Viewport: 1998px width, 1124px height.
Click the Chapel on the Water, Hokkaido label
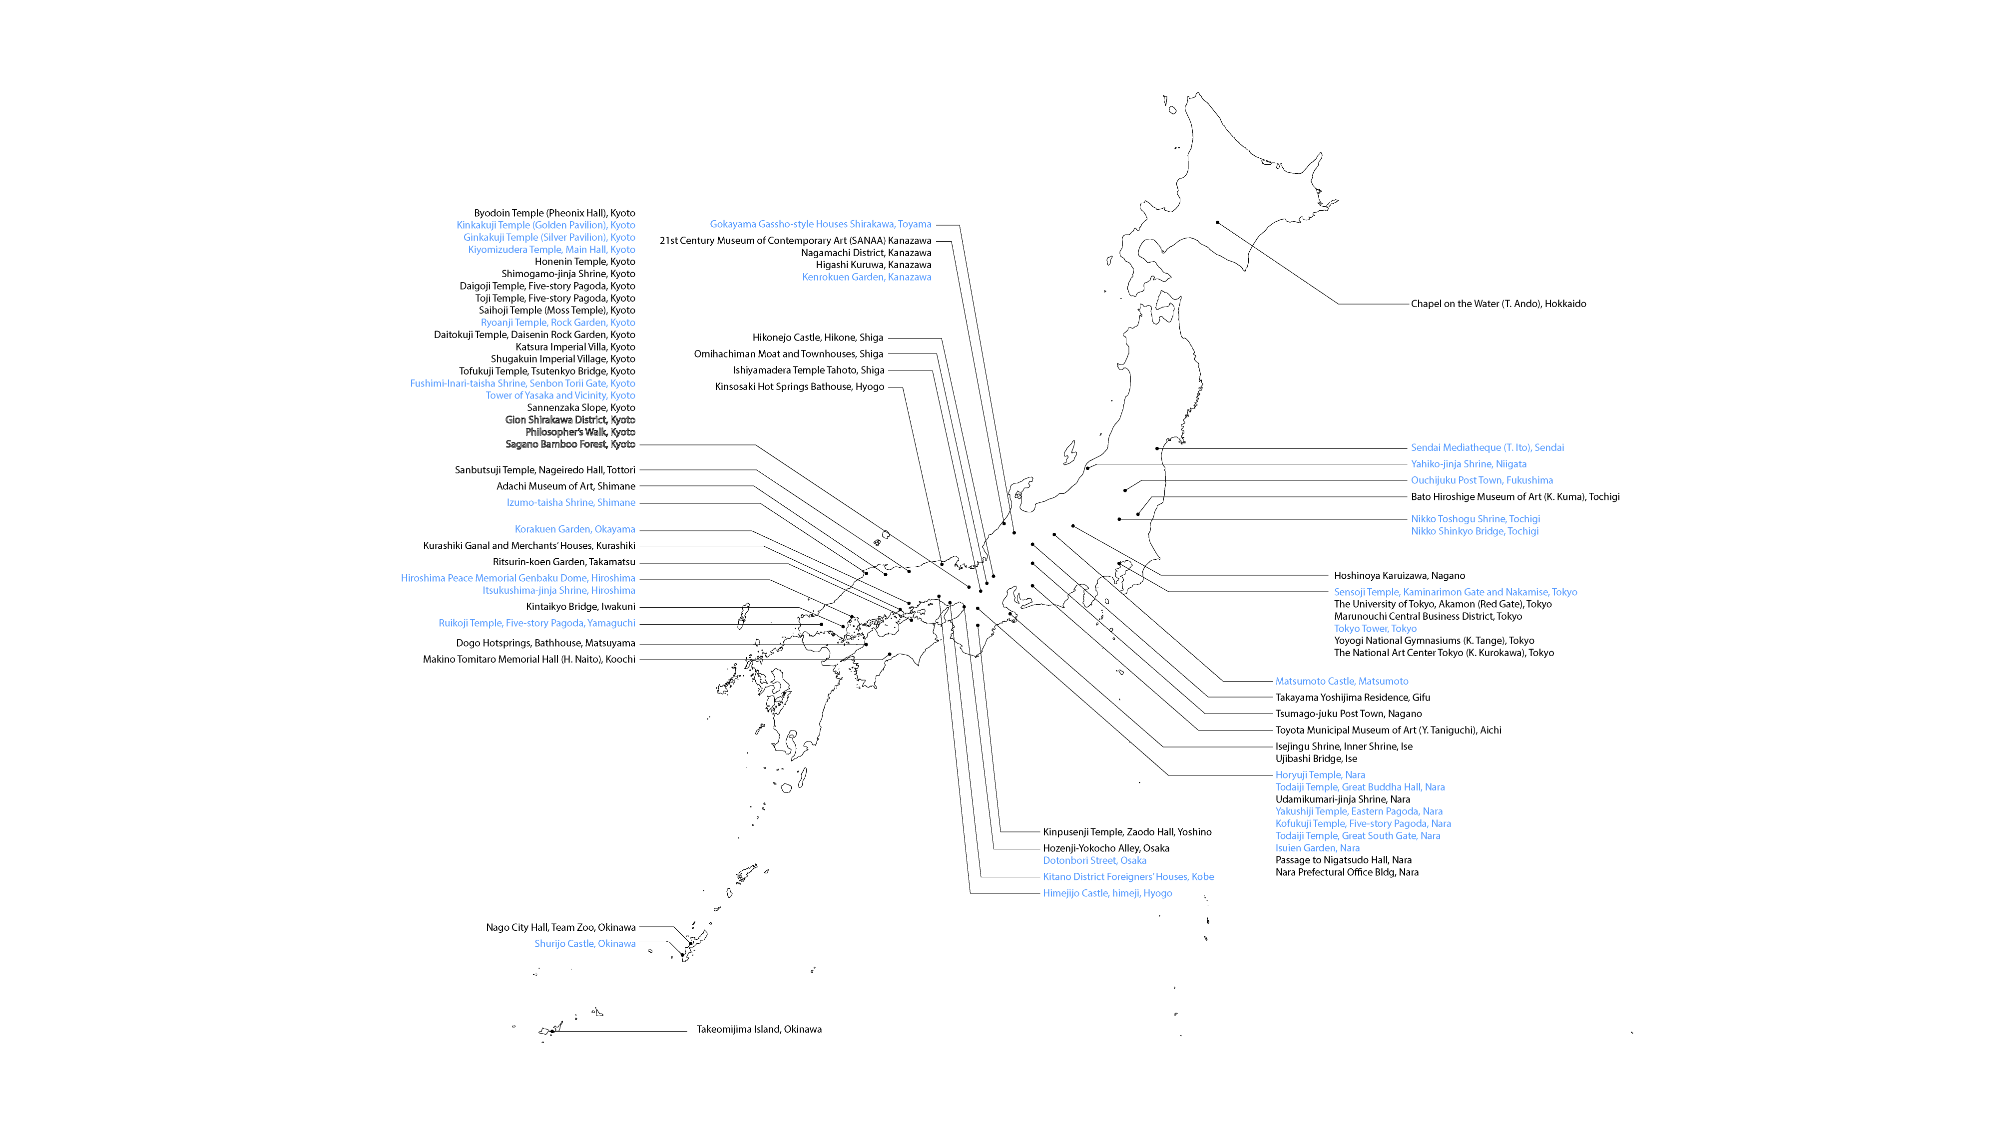[1498, 304]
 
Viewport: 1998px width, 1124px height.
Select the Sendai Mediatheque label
[1487, 447]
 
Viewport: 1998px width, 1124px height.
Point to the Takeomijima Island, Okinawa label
[759, 1030]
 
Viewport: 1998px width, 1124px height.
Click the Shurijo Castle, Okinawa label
[585, 943]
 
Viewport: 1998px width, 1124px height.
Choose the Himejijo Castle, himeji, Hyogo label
[1107, 893]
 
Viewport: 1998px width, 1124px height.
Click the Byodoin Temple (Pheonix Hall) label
[554, 213]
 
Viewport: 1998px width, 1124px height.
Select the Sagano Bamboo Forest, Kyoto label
[570, 444]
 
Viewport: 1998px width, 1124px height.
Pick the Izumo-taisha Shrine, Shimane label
[571, 502]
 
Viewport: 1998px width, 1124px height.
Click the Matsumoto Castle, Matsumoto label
[1342, 682]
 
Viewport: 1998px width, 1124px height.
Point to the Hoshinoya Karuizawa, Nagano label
[1399, 575]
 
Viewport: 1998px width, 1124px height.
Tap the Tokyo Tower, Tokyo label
[1375, 629]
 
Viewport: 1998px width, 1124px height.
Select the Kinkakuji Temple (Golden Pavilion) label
[545, 225]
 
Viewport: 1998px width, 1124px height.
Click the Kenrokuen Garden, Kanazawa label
[866, 277]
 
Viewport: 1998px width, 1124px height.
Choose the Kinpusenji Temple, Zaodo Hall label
[1127, 832]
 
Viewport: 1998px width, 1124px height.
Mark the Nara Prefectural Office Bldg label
[1347, 872]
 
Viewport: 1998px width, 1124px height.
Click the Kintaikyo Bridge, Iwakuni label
[580, 607]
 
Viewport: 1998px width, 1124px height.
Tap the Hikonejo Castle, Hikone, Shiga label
[818, 337]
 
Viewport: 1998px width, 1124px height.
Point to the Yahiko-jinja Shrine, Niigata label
[1468, 463]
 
